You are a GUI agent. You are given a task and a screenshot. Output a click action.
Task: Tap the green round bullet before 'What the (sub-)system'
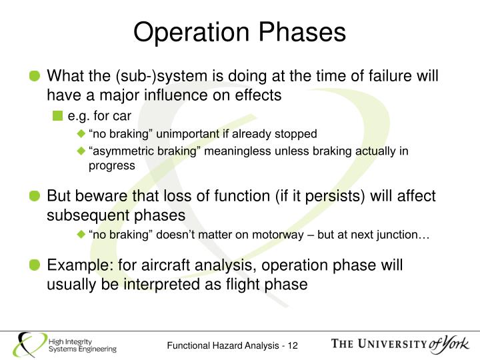click(35, 77)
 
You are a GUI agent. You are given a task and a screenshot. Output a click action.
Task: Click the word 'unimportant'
click(171, 134)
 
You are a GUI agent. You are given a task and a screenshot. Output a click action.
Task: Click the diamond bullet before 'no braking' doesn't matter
click(81, 235)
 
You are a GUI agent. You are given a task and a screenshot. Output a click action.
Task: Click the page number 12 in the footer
click(292, 345)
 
